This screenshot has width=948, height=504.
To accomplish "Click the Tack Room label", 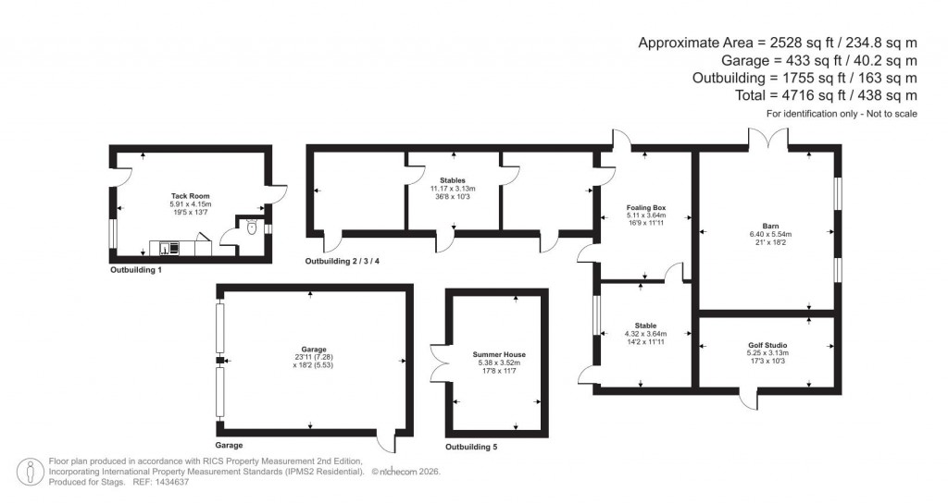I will point(190,196).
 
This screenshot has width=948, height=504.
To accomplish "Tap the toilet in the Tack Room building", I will point(253,227).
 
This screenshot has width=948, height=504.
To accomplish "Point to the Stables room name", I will point(453,180).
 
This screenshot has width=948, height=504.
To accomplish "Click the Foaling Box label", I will point(646,208).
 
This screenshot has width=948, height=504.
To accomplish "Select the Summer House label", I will point(499,355).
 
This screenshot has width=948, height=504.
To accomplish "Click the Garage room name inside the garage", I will point(310,349).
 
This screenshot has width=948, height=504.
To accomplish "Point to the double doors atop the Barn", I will point(769,137).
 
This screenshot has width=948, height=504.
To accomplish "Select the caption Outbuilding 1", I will point(136,271).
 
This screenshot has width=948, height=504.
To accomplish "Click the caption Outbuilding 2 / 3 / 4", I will point(343,262).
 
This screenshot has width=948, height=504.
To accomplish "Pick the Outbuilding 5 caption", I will point(471,447).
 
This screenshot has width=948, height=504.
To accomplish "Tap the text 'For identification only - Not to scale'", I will point(842,113).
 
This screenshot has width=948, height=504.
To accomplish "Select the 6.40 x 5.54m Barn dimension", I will point(769,234).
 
